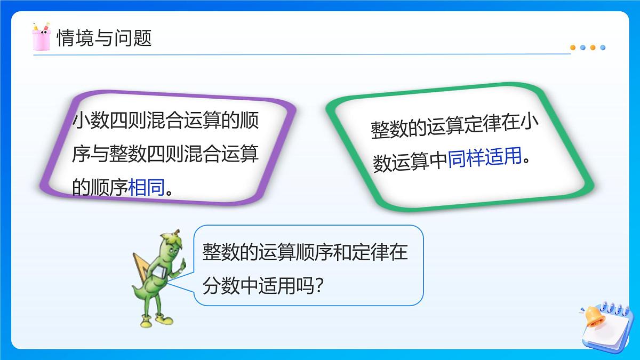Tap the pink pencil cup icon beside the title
coord(41,37)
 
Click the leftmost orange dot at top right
coord(573,47)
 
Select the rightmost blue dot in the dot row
coord(603,47)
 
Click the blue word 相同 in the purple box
coord(147,187)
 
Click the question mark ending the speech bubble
coord(319,287)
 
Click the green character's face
coord(172,247)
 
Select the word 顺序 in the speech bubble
coord(302,252)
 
